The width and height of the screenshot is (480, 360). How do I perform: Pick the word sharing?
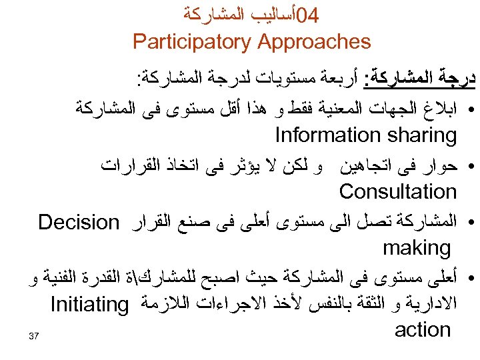(417, 135)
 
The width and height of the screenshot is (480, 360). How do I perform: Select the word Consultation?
(397, 192)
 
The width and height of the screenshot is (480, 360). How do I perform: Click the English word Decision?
(78, 221)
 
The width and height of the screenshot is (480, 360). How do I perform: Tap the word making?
(417, 249)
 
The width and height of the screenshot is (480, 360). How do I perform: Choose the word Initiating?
(89, 306)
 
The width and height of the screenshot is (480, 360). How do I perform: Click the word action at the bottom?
(423, 329)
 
